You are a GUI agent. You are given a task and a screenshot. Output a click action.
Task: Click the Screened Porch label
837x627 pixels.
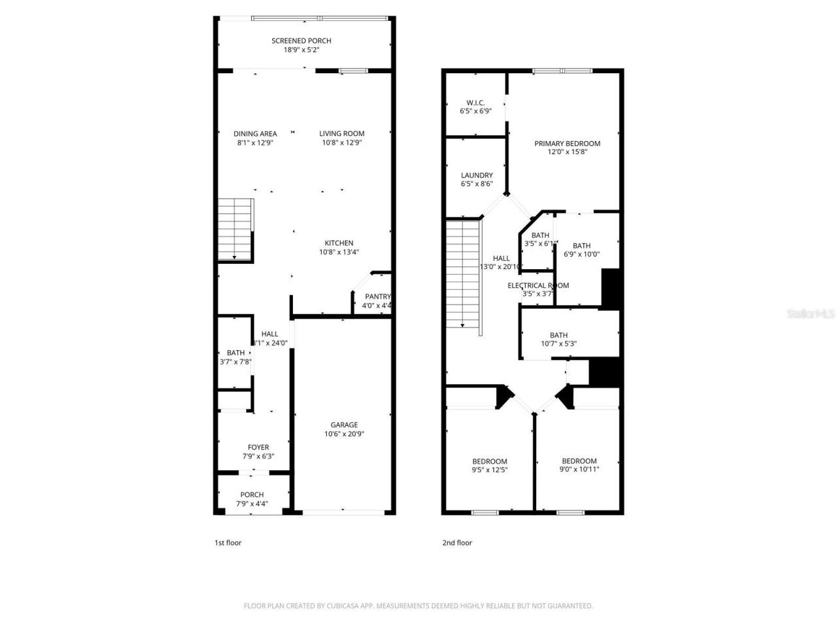click(x=301, y=40)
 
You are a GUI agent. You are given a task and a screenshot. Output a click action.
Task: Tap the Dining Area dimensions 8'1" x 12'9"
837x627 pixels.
click(x=255, y=142)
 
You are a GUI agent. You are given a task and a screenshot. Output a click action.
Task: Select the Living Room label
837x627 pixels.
click(x=341, y=134)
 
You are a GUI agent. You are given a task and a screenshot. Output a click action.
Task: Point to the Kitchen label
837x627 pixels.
click(x=339, y=243)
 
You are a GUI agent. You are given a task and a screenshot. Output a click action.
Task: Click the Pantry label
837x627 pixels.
click(x=377, y=297)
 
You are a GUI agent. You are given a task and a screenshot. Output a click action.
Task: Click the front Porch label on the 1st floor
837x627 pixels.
click(x=252, y=494)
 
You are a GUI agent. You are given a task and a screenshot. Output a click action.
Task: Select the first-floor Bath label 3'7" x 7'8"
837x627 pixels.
click(x=236, y=353)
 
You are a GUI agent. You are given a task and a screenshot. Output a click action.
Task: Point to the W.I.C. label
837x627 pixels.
click(x=475, y=103)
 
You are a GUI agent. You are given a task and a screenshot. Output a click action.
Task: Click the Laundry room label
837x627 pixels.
click(x=477, y=175)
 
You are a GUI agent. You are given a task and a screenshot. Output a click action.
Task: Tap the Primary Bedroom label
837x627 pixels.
click(x=567, y=144)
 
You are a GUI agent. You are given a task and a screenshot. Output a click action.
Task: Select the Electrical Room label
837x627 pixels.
click(x=538, y=285)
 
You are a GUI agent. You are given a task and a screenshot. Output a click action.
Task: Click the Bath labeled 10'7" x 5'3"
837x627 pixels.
click(x=558, y=335)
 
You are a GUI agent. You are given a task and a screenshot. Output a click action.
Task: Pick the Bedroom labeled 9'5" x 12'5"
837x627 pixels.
click(x=490, y=461)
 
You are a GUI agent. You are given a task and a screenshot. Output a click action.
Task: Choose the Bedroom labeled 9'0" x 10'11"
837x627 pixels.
click(x=579, y=460)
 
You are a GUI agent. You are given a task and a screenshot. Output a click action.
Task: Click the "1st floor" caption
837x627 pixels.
click(x=228, y=543)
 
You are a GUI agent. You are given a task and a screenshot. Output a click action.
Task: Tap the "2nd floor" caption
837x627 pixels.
click(x=456, y=543)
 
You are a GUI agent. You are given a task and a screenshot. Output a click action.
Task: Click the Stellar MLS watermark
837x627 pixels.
click(x=811, y=314)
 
